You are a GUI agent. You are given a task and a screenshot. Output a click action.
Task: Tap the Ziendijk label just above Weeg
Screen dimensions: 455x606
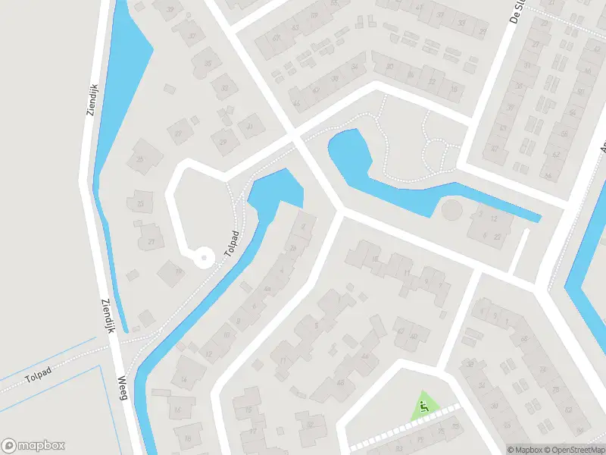[106, 315]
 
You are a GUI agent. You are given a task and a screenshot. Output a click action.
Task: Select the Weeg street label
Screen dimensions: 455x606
[123, 388]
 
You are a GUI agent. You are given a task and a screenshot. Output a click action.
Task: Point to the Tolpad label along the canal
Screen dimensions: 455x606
[231, 244]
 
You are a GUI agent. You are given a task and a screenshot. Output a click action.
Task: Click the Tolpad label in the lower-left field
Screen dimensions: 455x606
[36, 378]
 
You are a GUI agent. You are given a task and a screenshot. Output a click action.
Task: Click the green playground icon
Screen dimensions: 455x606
[425, 406]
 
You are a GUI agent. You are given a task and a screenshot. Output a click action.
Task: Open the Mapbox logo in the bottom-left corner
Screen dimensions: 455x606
[33, 445]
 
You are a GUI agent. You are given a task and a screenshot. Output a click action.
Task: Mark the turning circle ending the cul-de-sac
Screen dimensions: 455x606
[203, 259]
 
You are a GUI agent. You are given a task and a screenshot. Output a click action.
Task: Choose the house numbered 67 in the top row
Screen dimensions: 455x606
[276, 39]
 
